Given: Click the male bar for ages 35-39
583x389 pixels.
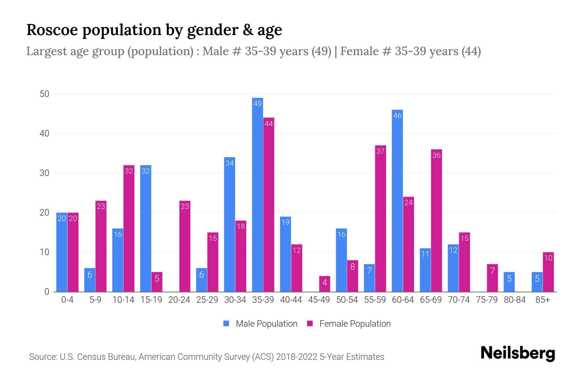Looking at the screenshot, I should point(257,194).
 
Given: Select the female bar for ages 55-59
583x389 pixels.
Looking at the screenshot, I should point(381,219).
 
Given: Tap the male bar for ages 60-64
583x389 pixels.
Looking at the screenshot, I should point(397,201).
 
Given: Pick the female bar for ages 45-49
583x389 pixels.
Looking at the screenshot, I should point(325,284).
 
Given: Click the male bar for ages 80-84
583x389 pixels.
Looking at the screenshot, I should point(509,282).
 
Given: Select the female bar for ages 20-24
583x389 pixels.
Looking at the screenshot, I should point(185,246).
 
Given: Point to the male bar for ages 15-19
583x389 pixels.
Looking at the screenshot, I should point(146,229).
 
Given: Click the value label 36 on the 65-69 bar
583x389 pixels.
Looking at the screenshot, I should point(436,156).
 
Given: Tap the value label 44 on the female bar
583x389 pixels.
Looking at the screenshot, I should point(269,124).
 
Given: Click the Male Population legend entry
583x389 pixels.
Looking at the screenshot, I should point(260,324).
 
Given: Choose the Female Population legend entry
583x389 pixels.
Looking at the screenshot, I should point(349,324).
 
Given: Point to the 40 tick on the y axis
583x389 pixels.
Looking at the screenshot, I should point(44,134).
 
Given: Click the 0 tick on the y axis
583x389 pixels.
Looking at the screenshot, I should point(47,292).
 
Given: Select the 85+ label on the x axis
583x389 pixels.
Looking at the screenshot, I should point(543,300).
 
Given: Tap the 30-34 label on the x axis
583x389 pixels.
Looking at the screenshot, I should point(235,300).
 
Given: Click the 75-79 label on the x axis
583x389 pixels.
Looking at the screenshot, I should point(486,300).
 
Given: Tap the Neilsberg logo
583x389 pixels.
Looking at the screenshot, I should point(518,353).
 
